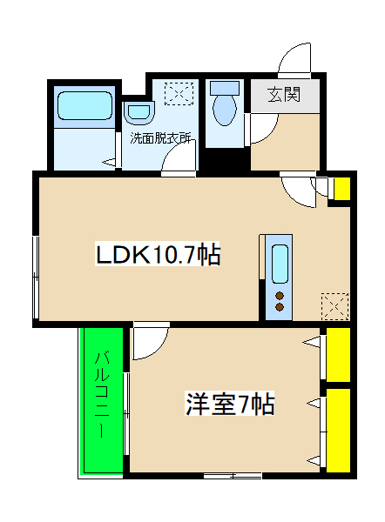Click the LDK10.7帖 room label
point(157,255)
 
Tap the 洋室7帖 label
point(230,404)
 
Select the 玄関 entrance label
point(283,94)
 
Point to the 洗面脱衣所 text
point(161,137)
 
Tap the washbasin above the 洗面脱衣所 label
point(138,112)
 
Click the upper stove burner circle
point(280,296)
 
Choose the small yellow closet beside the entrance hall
point(341,189)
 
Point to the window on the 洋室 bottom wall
point(233,476)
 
